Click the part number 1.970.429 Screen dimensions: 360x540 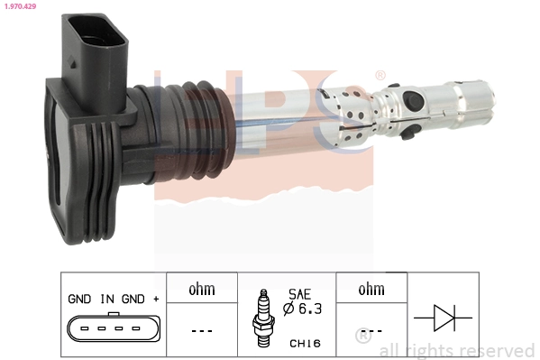tap(20, 6)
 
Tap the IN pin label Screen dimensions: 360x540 tap(107, 298)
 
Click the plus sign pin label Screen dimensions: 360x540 tap(156, 298)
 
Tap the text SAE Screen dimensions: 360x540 tap(299, 294)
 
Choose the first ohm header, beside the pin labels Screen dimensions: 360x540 tap(201, 290)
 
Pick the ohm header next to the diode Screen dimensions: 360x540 tap(371, 290)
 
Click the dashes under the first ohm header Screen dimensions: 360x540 tap(201, 330)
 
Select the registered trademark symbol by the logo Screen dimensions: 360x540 tap(380, 75)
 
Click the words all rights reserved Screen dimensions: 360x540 tap(456, 350)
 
